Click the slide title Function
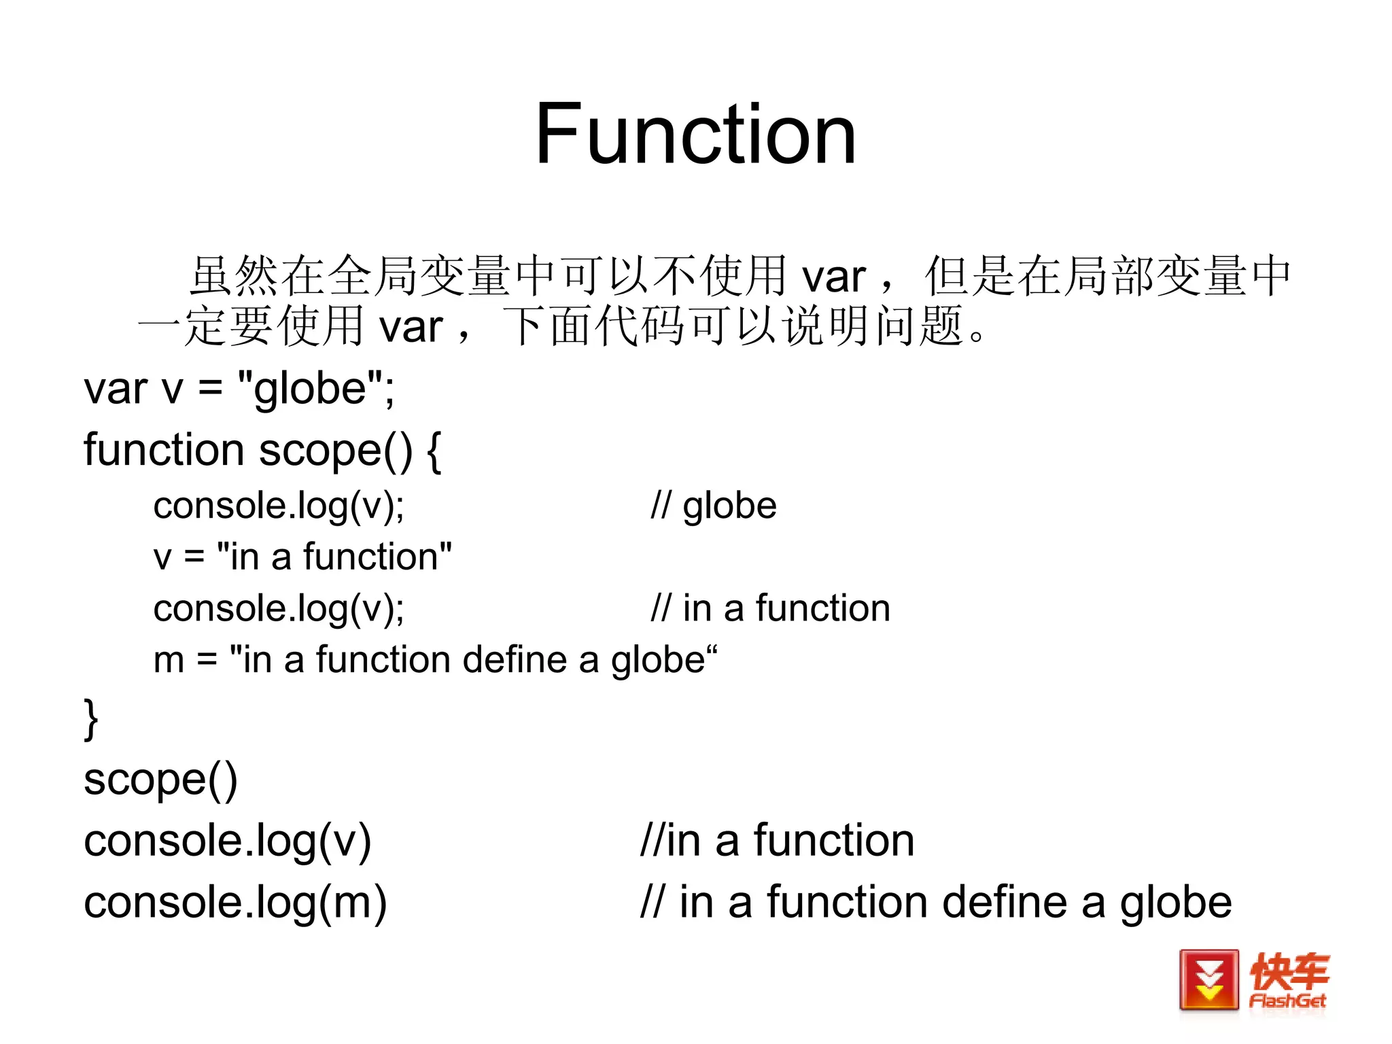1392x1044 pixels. [x=695, y=134]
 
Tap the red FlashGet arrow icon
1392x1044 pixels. [x=1209, y=980]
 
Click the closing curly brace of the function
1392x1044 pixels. [x=91, y=718]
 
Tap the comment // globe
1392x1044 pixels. [x=713, y=506]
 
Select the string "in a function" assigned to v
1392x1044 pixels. [x=334, y=557]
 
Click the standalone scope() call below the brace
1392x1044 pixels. [x=160, y=780]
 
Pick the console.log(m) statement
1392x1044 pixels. [x=235, y=903]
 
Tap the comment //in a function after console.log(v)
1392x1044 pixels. [x=777, y=840]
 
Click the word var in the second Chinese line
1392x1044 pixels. [x=411, y=328]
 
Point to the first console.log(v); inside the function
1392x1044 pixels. [x=279, y=506]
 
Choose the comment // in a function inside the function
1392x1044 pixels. [x=770, y=608]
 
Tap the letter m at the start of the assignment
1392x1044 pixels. [x=169, y=661]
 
